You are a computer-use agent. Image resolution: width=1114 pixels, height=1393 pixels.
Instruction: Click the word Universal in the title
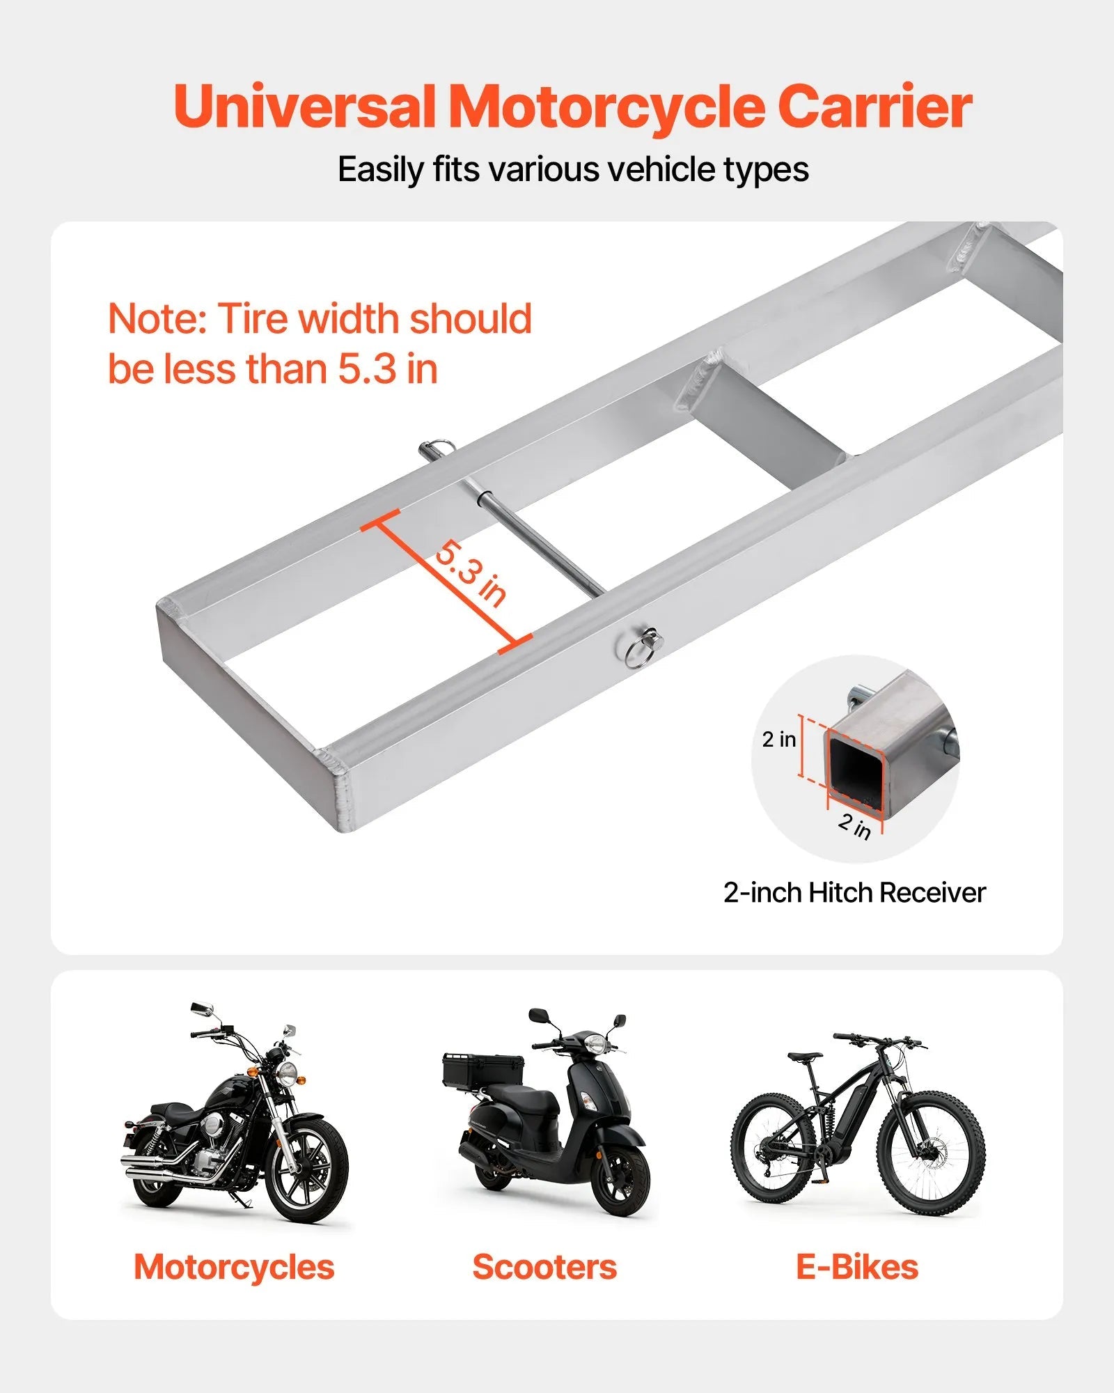pyautogui.click(x=304, y=107)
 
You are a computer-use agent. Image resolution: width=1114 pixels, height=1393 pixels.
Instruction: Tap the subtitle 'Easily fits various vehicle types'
pyautogui.click(x=573, y=169)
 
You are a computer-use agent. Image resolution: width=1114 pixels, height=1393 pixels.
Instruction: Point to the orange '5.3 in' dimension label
pyautogui.click(x=471, y=574)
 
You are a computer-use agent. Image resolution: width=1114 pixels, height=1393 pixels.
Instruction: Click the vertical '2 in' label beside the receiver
pyautogui.click(x=778, y=739)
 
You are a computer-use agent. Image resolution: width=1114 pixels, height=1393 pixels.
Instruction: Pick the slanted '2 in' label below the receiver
pyautogui.click(x=854, y=826)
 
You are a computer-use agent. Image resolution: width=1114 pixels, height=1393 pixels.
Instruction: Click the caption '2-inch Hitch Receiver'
pyautogui.click(x=854, y=892)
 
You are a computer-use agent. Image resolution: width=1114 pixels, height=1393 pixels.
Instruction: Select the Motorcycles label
pyautogui.click(x=234, y=1266)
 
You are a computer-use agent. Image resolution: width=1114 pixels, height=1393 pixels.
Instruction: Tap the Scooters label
pyautogui.click(x=544, y=1266)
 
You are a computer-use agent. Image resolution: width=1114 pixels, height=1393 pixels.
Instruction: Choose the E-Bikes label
pyautogui.click(x=857, y=1266)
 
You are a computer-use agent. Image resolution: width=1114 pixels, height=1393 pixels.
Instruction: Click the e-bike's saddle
pyautogui.click(x=806, y=1057)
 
